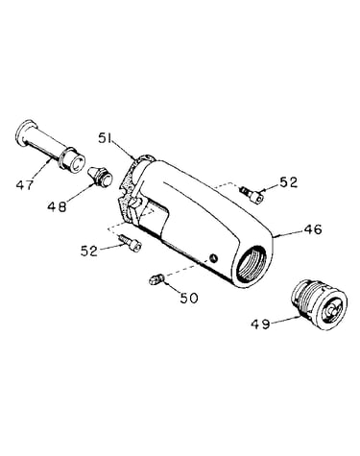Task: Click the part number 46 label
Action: click(313, 230)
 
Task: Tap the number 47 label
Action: click(25, 184)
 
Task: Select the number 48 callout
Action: click(57, 206)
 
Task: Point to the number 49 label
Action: click(260, 324)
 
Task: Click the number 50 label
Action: click(189, 298)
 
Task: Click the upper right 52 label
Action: click(289, 182)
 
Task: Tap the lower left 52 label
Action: click(89, 251)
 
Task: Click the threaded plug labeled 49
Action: click(319, 304)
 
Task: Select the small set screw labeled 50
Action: click(156, 279)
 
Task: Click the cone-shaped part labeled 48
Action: click(100, 177)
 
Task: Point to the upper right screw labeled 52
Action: click(252, 195)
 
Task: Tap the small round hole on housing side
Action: click(213, 257)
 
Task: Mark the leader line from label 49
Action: click(285, 319)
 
